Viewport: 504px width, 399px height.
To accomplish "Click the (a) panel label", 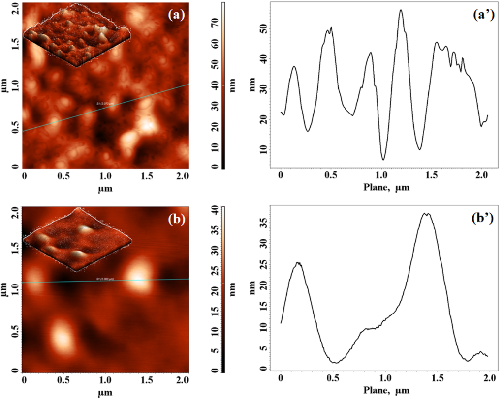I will click(x=175, y=15).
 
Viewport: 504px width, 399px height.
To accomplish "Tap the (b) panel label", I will click(x=175, y=220).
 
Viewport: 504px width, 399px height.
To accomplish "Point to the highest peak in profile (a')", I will click(x=401, y=10).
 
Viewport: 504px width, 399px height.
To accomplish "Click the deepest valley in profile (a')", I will click(x=383, y=159).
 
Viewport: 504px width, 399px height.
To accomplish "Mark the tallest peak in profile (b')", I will click(x=427, y=214).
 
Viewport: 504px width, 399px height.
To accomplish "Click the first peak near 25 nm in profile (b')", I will click(x=297, y=263).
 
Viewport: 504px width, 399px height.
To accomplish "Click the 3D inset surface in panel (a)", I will click(x=76, y=37).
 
